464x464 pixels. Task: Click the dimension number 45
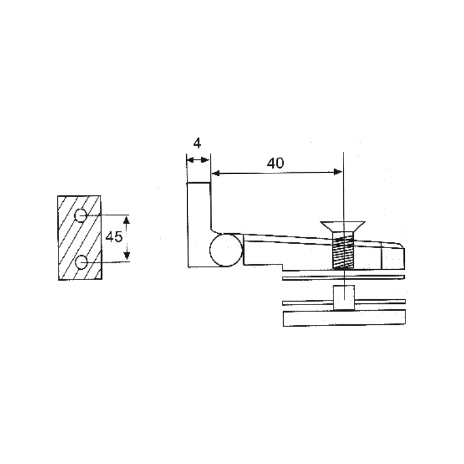pyautogui.click(x=114, y=237)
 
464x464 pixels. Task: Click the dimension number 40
pyautogui.click(x=275, y=163)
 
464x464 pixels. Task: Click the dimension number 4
pyautogui.click(x=197, y=142)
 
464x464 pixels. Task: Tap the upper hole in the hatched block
pyautogui.click(x=81, y=215)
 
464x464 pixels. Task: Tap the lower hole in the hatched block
pyautogui.click(x=81, y=263)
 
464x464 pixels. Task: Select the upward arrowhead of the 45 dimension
pyautogui.click(x=126, y=219)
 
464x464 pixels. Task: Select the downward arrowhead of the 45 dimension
pyautogui.click(x=126, y=257)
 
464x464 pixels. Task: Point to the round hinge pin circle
pyautogui.click(x=226, y=250)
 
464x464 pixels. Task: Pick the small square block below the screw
pyautogui.click(x=343, y=298)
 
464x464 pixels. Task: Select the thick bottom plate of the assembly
pyautogui.click(x=343, y=318)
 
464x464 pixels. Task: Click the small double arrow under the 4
pyautogui.click(x=197, y=159)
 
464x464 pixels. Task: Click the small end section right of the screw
pyautogui.click(x=392, y=256)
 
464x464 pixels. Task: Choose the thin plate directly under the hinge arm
pyautogui.click(x=343, y=278)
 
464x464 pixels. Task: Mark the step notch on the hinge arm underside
pyautogui.click(x=282, y=267)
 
